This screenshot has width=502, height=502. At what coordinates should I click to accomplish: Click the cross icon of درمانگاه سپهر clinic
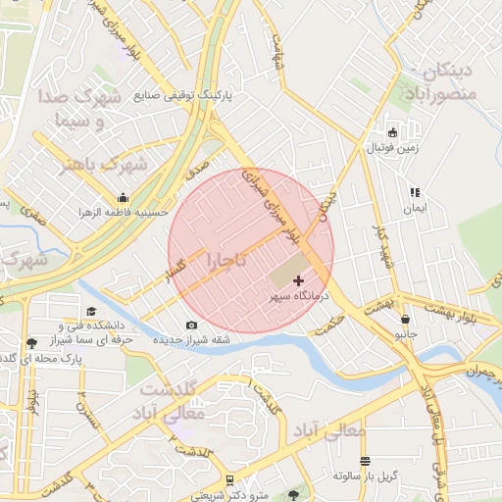coord(299,281)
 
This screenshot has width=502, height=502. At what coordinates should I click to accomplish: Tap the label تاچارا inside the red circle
coord(228,261)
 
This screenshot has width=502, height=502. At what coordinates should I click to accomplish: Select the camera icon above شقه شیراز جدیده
coord(191,325)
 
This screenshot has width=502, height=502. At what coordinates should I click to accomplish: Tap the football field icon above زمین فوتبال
coord(393,132)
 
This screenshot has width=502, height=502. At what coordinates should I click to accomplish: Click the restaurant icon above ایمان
coord(415,193)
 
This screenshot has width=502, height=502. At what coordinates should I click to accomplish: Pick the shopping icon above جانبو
coord(405,318)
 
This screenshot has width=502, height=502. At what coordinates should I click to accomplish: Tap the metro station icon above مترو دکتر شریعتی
coord(229,480)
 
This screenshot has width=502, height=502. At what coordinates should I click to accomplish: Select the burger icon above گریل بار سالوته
coord(365,461)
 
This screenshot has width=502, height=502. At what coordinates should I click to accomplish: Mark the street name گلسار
coord(176,274)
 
